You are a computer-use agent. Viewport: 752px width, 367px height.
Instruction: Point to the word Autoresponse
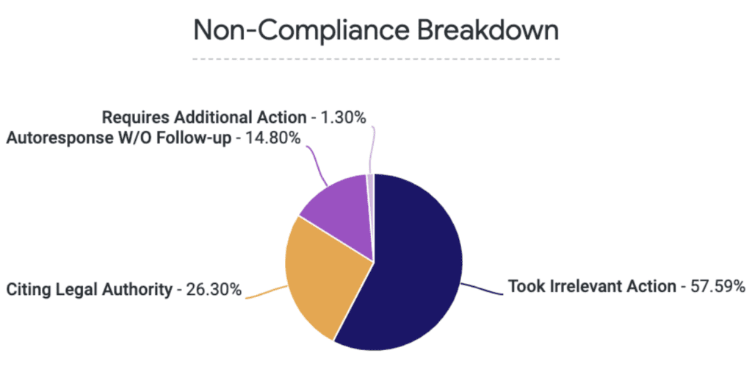point(60,137)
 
